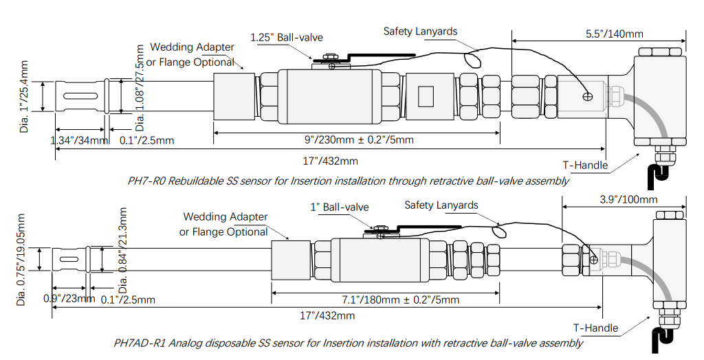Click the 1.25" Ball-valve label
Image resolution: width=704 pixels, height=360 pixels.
(x=286, y=37)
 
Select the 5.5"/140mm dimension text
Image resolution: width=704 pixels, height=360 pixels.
(x=614, y=33)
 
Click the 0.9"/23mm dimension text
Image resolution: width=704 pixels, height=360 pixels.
(x=69, y=300)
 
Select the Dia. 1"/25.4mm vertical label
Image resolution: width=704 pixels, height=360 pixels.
(x=25, y=96)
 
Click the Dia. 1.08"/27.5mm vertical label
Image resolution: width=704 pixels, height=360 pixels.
(x=141, y=88)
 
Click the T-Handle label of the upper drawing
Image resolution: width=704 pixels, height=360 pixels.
(x=586, y=164)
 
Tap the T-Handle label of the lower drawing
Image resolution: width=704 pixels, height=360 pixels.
(x=595, y=328)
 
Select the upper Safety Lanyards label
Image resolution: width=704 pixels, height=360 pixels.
(x=420, y=32)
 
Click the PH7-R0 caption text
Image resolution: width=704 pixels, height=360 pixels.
(x=348, y=181)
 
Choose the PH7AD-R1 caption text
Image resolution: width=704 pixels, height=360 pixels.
(x=348, y=342)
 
